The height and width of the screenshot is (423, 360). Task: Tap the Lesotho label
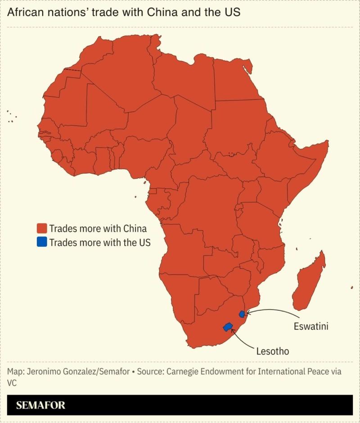point(272,351)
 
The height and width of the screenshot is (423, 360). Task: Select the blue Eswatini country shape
point(242,314)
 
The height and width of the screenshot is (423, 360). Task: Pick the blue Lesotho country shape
point(228,327)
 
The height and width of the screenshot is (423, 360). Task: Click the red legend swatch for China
point(42,228)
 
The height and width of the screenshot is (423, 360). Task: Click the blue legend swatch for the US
point(42,242)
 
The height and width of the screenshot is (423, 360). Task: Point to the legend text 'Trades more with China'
point(98,228)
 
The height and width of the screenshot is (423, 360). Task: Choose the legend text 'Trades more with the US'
point(99,242)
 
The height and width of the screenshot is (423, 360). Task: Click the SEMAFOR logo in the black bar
point(40,405)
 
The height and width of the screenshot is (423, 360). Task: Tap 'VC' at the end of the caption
point(12,383)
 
